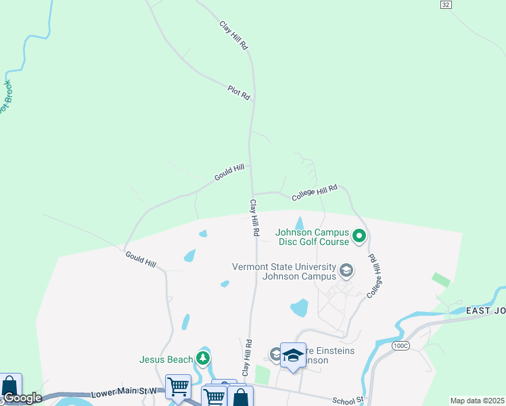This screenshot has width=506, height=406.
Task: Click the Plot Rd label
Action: point(239,93)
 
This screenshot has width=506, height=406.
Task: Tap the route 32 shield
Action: point(445,4)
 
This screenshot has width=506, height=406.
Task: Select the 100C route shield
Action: point(400,346)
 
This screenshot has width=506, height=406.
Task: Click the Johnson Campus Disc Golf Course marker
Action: point(359,237)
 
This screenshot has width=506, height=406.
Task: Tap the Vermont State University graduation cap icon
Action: point(346,271)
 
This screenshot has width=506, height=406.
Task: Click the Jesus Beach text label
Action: point(166,359)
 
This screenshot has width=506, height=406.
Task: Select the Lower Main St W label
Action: point(124,392)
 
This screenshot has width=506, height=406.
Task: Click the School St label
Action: point(348,401)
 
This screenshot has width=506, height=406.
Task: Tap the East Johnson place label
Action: point(485,311)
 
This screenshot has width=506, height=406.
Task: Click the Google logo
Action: point(22,398)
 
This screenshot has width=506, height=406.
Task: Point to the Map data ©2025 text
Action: point(477,401)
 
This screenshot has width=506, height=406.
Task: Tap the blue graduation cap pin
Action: point(293,355)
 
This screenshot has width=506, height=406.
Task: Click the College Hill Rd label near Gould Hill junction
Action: point(315,193)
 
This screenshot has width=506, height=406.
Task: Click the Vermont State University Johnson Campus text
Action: point(284,271)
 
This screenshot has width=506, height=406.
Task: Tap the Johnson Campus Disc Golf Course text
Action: point(313,237)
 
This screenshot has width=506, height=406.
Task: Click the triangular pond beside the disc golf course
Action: point(300,223)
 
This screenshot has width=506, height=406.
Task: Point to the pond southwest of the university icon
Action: point(299,308)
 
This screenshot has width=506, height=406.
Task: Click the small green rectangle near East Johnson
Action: point(441,279)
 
